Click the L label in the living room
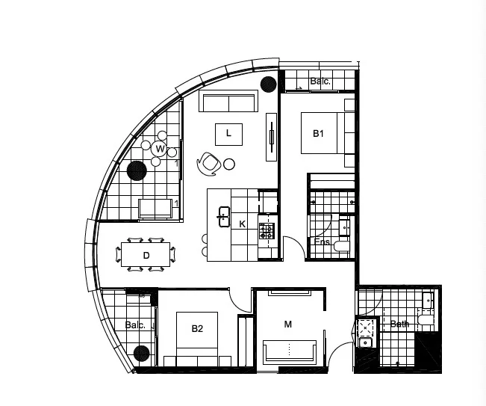pos(229,134)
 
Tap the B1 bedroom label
pos(318,134)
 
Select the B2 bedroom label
pos(197,328)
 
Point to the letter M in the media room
pos(288,325)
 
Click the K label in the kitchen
pos(242,224)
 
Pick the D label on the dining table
pos(146,256)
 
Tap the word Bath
pos(400,325)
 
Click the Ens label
pos(322,242)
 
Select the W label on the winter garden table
pos(160,149)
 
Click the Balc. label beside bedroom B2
pos(135,325)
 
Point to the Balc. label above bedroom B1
pos(320,81)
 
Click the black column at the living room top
pos(267,83)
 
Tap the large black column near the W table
pos(136,171)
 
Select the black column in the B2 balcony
pos(140,354)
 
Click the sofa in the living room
pos(228,103)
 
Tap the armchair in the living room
pos(208,162)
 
